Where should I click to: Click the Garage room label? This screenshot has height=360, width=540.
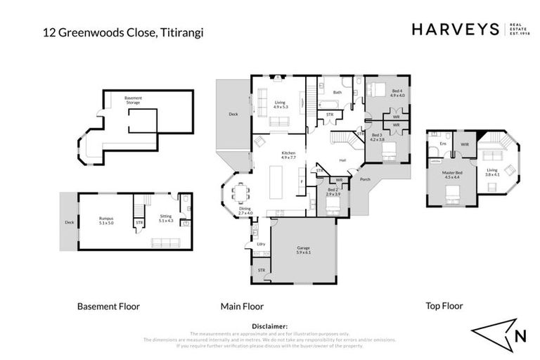coord(304,250)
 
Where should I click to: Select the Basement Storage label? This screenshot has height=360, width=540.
coord(133,101)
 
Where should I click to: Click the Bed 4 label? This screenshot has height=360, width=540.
coord(397,92)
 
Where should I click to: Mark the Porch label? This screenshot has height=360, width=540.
coord(365,179)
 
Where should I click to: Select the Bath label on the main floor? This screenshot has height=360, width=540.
coord(337,92)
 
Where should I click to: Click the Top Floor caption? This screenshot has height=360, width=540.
coord(445,307)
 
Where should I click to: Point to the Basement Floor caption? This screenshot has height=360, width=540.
coord(108,307)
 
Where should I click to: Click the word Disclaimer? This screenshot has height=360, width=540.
coord(269,327)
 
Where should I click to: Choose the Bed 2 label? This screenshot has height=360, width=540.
coord(333,191)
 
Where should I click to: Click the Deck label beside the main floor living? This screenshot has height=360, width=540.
coord(233,114)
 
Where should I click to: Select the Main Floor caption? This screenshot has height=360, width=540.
coord(242,307)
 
